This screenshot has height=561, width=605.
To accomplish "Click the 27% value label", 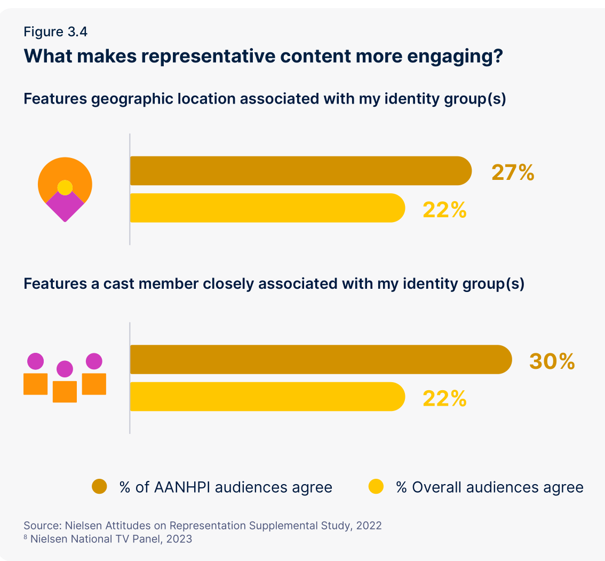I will coord(513,173).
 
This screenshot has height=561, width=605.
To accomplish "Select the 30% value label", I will coord(552,361).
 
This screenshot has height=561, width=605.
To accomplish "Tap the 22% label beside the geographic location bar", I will coord(444,210).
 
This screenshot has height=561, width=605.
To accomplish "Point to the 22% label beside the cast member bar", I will coord(444,398).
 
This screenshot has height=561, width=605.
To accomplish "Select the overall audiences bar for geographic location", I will coord(267,208).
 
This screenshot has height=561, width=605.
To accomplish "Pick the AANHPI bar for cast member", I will coord(320,359).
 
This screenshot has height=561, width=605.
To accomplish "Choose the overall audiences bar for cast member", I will coord(267,397).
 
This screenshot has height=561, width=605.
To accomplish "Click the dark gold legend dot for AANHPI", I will coord(100,486).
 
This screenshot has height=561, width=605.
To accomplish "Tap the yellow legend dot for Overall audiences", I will coord(377,486).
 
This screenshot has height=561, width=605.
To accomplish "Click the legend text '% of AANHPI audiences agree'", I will coord(226,487).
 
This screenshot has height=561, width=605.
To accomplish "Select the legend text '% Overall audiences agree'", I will coord(489,487).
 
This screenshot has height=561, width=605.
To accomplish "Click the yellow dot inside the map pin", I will coord(65,187).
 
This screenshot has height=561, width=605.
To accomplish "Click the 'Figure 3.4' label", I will coord(55,31).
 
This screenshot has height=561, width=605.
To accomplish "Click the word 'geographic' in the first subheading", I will coord(136,99).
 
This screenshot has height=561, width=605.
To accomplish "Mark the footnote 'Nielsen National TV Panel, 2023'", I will coord(111,539).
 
